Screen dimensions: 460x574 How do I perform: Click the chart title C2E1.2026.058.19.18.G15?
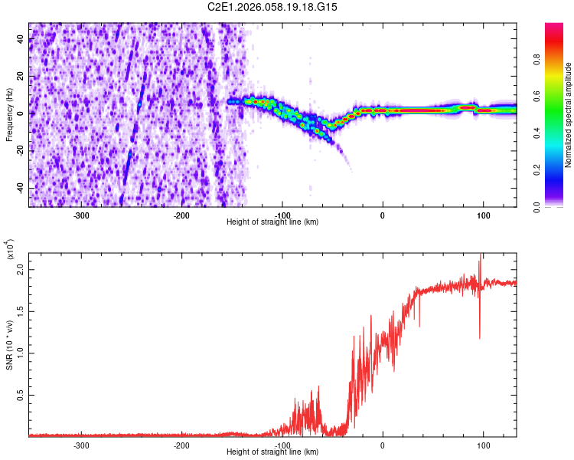(x=273, y=7)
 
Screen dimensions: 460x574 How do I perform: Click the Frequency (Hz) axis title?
(x=9, y=114)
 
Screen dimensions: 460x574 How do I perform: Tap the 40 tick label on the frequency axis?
(x=21, y=40)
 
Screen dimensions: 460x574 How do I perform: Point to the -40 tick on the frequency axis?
(x=19, y=188)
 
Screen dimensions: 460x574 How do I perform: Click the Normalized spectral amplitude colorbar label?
(x=569, y=115)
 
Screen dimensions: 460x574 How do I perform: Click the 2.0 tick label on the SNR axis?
(x=21, y=271)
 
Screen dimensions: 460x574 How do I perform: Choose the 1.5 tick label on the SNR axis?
(x=21, y=312)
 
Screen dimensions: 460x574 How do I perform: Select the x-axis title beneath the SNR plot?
(x=272, y=452)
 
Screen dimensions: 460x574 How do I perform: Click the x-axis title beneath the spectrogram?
(x=272, y=222)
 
